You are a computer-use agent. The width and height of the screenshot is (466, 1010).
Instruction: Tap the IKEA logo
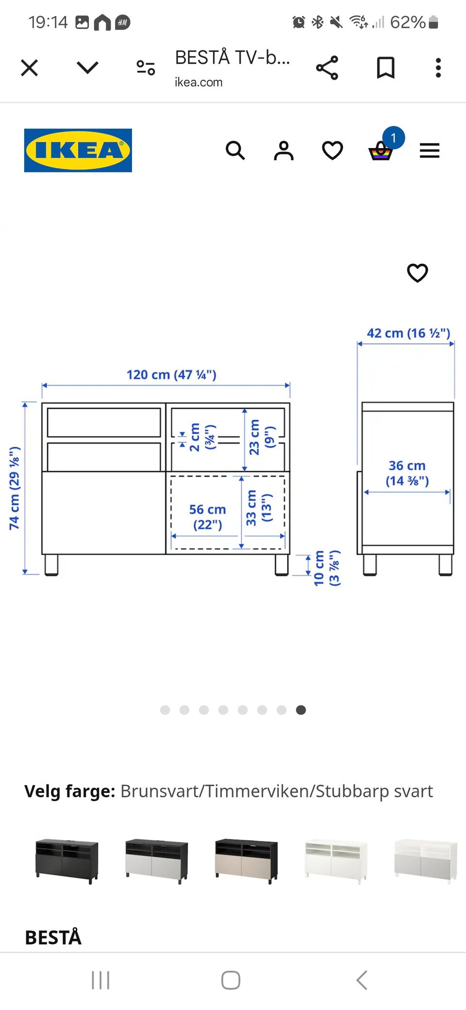click(x=78, y=150)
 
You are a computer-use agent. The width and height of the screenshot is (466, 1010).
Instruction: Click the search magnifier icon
click(x=235, y=151)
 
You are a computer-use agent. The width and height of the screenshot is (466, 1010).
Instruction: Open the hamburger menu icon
click(x=430, y=151)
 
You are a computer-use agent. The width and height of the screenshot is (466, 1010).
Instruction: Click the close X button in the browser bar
click(x=30, y=67)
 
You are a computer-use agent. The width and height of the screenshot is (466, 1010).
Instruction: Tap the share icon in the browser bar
click(x=327, y=67)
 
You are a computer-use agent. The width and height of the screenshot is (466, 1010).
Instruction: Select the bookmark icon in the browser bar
click(x=386, y=67)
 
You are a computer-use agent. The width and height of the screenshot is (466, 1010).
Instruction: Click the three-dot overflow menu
click(x=438, y=67)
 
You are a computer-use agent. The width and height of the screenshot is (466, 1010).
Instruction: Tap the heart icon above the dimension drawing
click(x=417, y=272)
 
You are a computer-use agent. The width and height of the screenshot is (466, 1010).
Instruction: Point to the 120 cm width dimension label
click(x=171, y=374)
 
